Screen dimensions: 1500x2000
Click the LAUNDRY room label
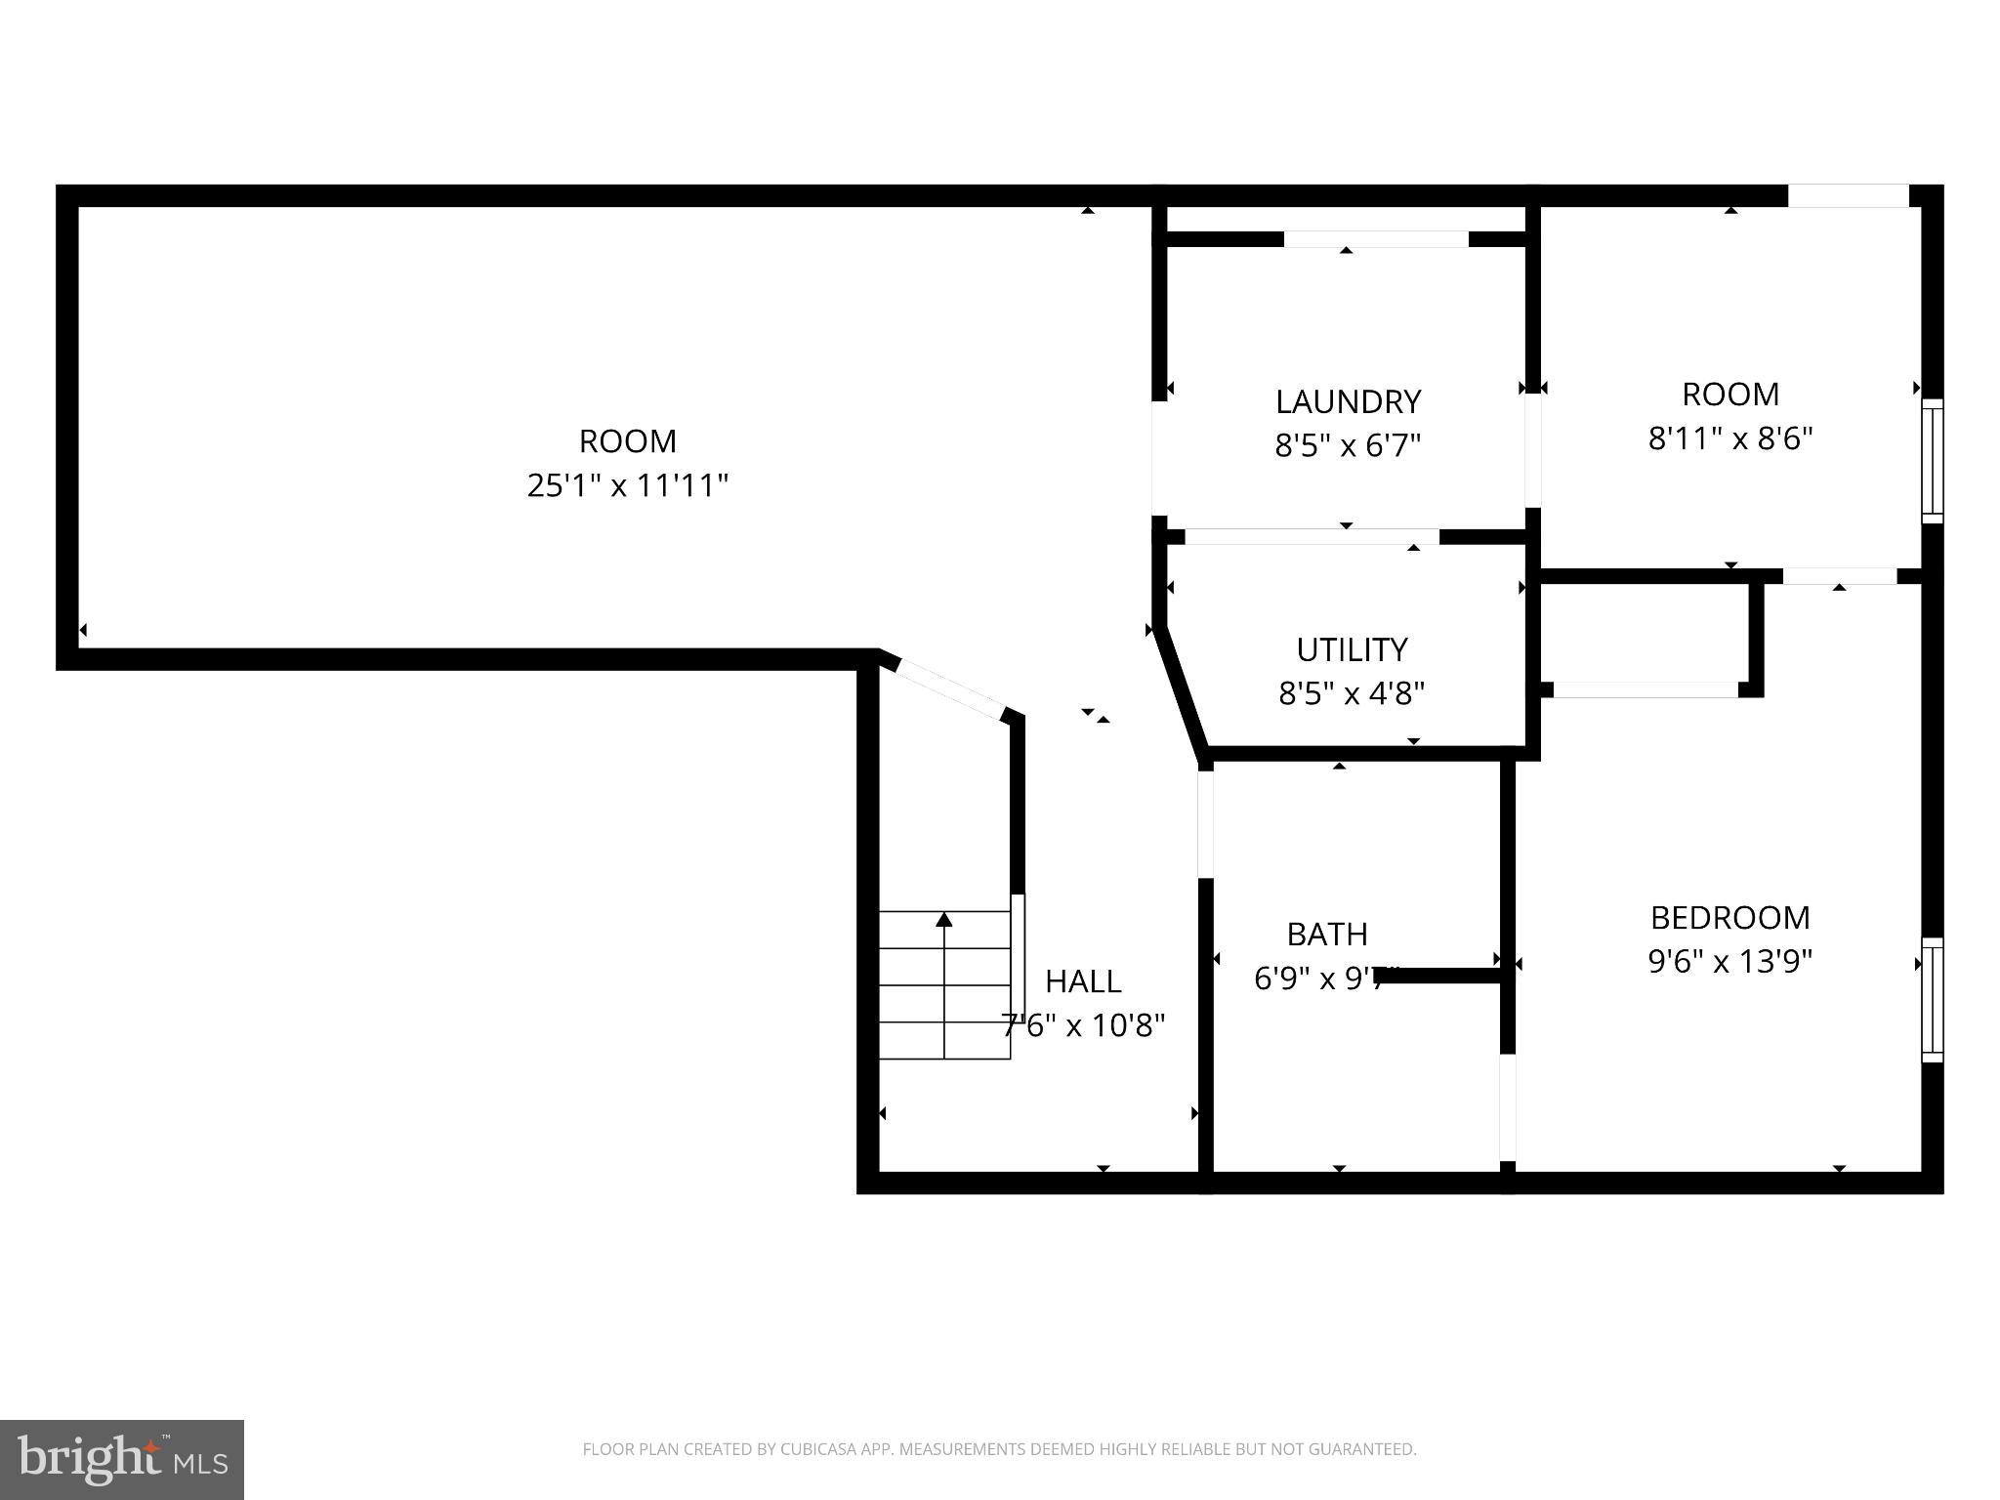(x=1348, y=401)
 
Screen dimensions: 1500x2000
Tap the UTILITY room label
(x=1352, y=649)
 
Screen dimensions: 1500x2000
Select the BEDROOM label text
(x=1729, y=917)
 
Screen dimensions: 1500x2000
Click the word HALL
(x=1083, y=980)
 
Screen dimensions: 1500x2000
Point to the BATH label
(x=1326, y=935)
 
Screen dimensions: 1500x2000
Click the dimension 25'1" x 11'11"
(x=627, y=485)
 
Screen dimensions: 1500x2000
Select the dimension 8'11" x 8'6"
(x=1729, y=438)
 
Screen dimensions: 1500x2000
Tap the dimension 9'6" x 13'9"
(x=1729, y=962)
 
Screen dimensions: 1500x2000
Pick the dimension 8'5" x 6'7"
(x=1348, y=446)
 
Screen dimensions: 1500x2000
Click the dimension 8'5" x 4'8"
(x=1352, y=694)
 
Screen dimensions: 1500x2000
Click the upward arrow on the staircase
(x=943, y=920)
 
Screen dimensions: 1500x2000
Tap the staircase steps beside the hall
(x=943, y=986)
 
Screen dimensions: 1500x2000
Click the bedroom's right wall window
(x=1932, y=999)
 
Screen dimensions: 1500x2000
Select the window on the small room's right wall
(x=1932, y=460)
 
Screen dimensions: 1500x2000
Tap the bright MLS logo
(x=121, y=1459)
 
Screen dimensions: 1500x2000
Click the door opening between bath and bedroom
(x=1508, y=1107)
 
